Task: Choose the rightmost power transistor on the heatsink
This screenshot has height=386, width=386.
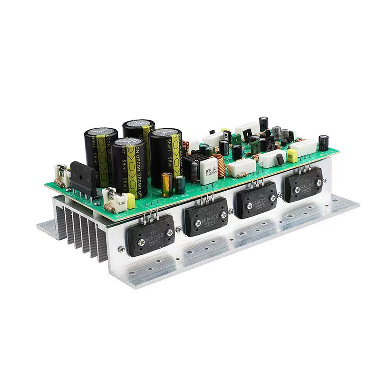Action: coord(303,185)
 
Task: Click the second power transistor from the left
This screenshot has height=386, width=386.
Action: coord(206,217)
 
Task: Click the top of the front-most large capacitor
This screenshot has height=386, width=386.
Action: coord(129,142)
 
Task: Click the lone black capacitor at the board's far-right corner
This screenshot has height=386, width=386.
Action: coord(323,142)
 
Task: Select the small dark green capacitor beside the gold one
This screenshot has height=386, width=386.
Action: coord(180,184)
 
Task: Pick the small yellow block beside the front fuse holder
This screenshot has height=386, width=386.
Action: coord(130,200)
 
